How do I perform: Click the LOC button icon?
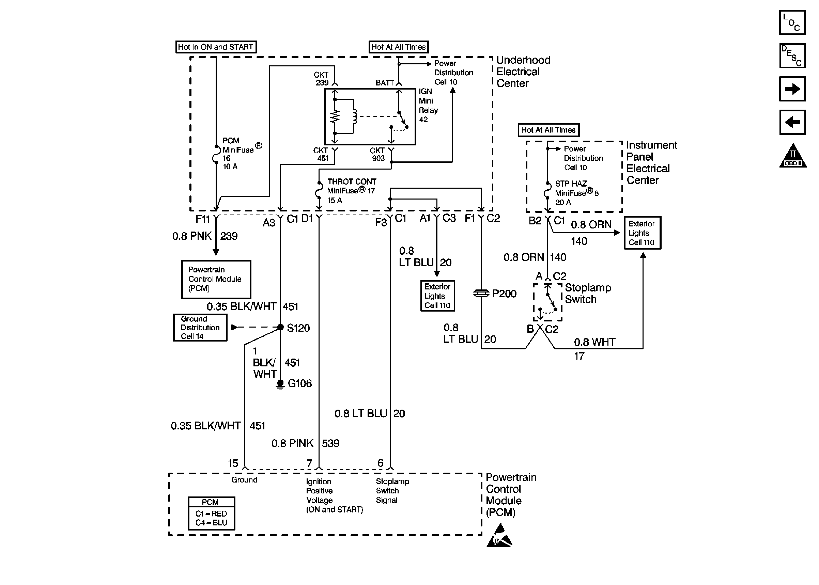792,22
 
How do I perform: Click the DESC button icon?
792,56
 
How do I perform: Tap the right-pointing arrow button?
792,89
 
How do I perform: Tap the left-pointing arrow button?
792,123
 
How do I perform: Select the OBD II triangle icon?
793,156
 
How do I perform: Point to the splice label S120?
298,328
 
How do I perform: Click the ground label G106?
299,383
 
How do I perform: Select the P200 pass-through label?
504,294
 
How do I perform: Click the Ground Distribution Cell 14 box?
200,328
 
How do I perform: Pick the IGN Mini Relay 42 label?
428,106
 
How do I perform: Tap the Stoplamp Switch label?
588,293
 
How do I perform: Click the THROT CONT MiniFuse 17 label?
351,191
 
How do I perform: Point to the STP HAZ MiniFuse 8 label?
576,193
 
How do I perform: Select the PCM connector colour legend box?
212,513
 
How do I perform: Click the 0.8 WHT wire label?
594,342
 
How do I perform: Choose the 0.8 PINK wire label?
292,443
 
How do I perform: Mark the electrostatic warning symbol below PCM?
499,536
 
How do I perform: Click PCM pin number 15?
233,463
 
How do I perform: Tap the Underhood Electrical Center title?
523,72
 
